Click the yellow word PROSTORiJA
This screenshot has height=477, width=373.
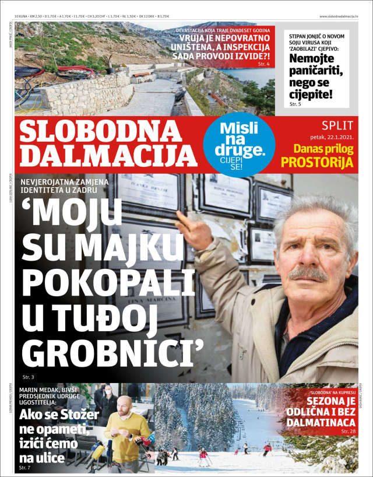[x=317, y=163]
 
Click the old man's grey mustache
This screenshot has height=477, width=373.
[x=307, y=273]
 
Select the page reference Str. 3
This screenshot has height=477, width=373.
[x=29, y=377]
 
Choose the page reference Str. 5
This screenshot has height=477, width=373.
[x=295, y=104]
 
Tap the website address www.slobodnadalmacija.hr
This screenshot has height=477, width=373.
[x=338, y=16]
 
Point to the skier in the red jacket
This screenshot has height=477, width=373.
[x=268, y=449]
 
